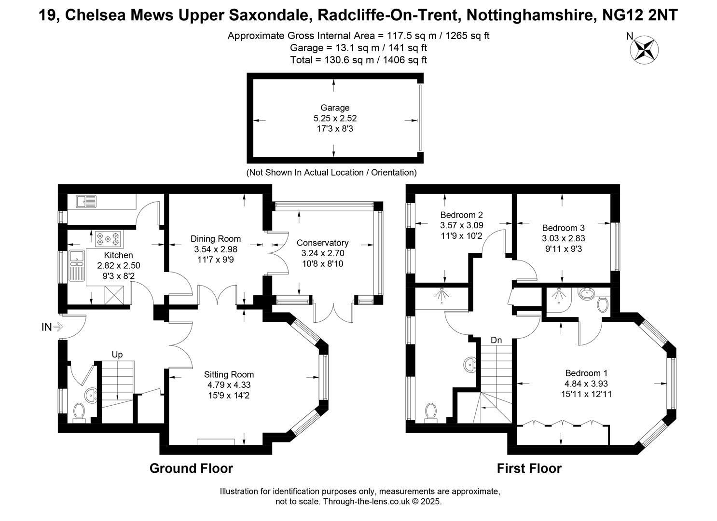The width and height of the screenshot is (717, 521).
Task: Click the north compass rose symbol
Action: (x=644, y=50)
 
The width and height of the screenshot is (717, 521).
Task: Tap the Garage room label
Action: (x=335, y=108)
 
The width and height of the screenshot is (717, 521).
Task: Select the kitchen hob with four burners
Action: (x=108, y=239)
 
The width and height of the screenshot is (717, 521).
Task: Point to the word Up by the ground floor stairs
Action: (x=117, y=355)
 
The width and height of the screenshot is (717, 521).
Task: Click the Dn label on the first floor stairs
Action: (x=496, y=340)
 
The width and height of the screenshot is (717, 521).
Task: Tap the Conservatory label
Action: (x=322, y=243)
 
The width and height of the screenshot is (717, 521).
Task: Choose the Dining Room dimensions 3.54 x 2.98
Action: (x=215, y=249)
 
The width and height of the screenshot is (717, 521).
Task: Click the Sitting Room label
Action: (x=229, y=374)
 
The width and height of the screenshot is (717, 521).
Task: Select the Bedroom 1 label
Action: (x=586, y=373)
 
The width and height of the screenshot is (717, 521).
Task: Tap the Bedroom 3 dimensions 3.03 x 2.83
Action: (x=564, y=238)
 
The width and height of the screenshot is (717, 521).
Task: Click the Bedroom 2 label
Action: (x=461, y=215)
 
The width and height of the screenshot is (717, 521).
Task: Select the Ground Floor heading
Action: (x=191, y=468)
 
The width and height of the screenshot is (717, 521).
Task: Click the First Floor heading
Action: (x=529, y=468)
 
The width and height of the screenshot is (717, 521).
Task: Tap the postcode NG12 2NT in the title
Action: (x=640, y=15)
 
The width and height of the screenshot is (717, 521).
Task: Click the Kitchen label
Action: (x=118, y=255)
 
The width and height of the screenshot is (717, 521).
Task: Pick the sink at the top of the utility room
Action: (x=86, y=202)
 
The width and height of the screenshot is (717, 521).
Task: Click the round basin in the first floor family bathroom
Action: (x=470, y=365)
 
